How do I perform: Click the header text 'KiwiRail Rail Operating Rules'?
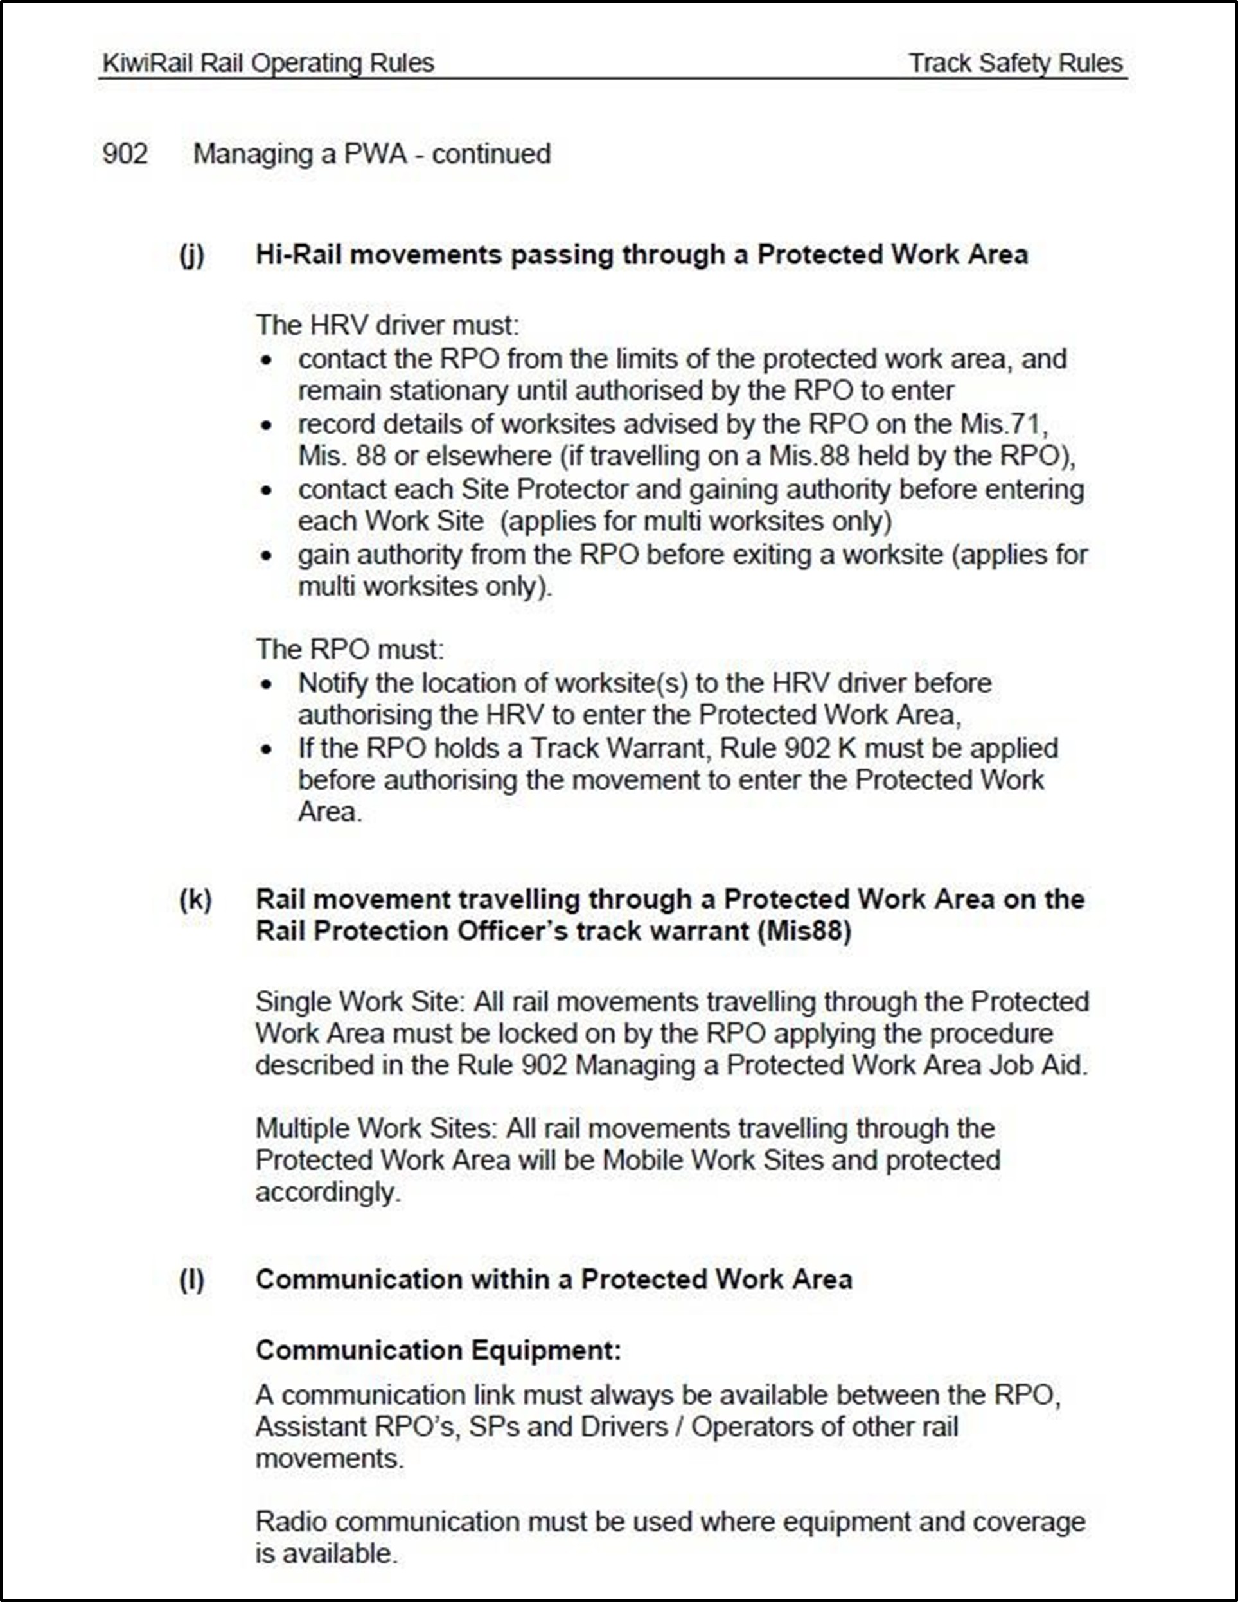[x=269, y=64]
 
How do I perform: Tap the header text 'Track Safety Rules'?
[x=1016, y=64]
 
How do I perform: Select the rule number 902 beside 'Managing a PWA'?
[x=125, y=154]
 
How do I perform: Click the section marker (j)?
[x=192, y=254]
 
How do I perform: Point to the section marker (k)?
[x=195, y=899]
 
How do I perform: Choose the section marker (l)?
[x=192, y=1279]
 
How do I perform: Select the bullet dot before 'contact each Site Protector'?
[x=267, y=490]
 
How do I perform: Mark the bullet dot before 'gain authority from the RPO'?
[x=267, y=555]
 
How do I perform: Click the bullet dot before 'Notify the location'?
[x=267, y=684]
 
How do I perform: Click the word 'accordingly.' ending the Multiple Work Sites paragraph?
[x=328, y=1193]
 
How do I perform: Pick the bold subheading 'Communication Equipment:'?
[x=438, y=1349]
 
